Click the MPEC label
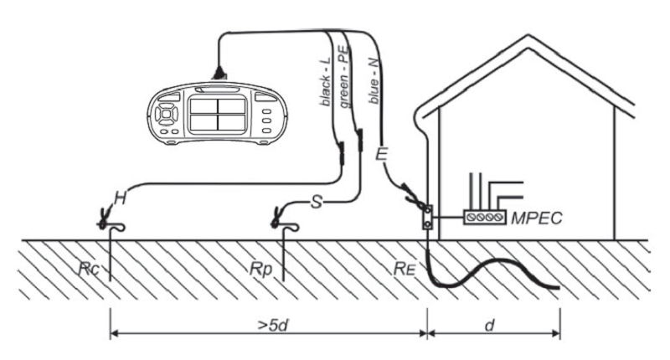537,218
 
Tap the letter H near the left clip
121,198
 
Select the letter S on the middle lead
317,202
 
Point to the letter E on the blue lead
381,154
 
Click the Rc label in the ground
89,269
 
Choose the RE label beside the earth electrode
405,269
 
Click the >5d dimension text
274,326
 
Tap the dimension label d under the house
490,326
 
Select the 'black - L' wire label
325,81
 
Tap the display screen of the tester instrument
218,115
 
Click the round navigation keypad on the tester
166,115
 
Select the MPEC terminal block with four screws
485,218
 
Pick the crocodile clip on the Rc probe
103,217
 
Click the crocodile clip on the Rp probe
276,218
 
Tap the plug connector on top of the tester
219,74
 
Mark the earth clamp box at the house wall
427,218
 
